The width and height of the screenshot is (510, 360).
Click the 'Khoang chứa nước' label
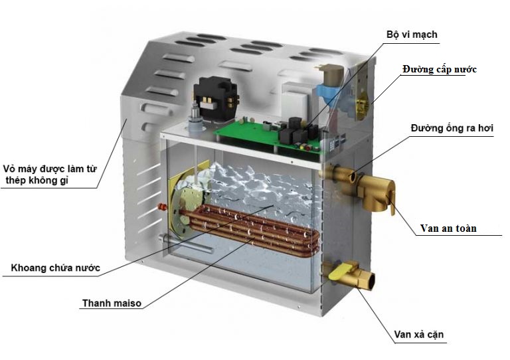click(56, 268)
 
